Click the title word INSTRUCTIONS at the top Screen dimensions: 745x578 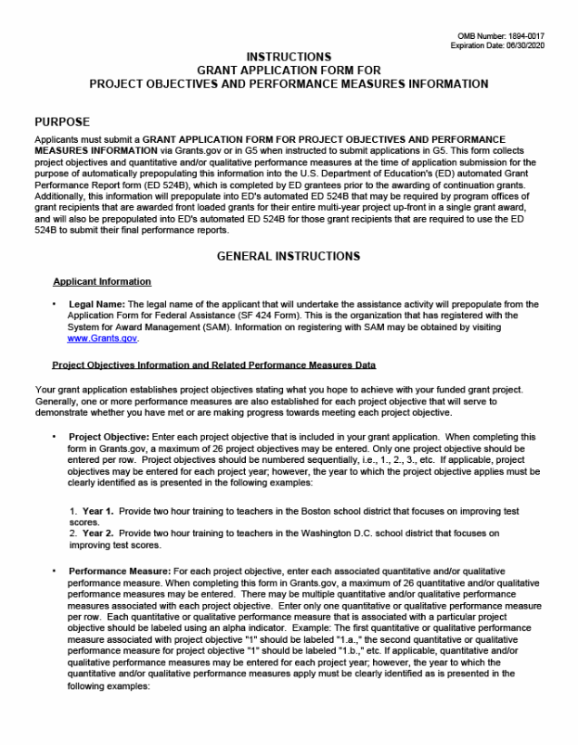(x=289, y=58)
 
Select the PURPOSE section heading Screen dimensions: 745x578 (x=62, y=122)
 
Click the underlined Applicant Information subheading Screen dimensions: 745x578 (x=102, y=281)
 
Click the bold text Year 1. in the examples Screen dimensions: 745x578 (x=96, y=511)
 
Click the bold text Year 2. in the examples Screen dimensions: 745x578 (x=96, y=533)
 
